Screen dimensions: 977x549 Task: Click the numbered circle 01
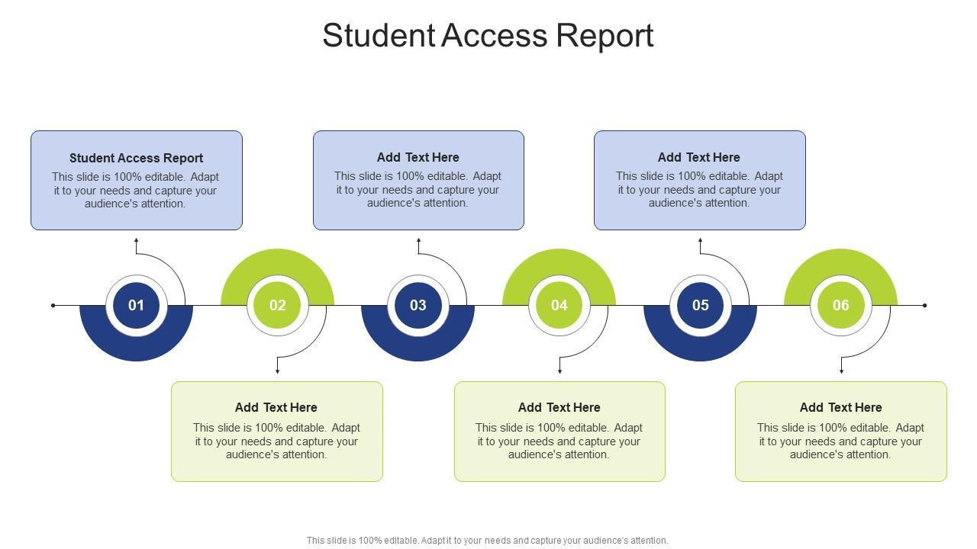coord(136,305)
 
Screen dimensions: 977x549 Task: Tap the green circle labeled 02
coord(277,305)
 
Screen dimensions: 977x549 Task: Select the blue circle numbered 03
coord(418,305)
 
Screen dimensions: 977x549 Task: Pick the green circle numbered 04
coord(559,305)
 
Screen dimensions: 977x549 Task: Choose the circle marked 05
coord(700,305)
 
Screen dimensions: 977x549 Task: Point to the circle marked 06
coord(840,305)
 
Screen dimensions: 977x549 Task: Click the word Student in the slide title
coord(378,36)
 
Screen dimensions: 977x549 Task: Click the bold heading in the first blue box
coord(136,158)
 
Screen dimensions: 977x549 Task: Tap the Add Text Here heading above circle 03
coord(418,157)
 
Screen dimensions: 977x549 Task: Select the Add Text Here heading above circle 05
coord(699,157)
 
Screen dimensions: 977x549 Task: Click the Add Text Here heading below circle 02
coord(276,407)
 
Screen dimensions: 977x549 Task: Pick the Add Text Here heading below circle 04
coord(559,407)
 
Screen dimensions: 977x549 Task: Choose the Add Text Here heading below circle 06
coord(840,407)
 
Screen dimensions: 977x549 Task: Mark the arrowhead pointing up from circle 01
coord(136,241)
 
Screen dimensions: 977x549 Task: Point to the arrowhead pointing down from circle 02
coord(277,371)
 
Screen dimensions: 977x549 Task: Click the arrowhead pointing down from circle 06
coord(841,371)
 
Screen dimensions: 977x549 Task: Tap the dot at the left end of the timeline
coord(53,306)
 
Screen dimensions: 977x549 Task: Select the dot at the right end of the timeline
coord(924,306)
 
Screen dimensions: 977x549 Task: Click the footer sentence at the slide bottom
coord(487,541)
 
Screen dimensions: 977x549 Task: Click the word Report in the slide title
coord(605,36)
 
